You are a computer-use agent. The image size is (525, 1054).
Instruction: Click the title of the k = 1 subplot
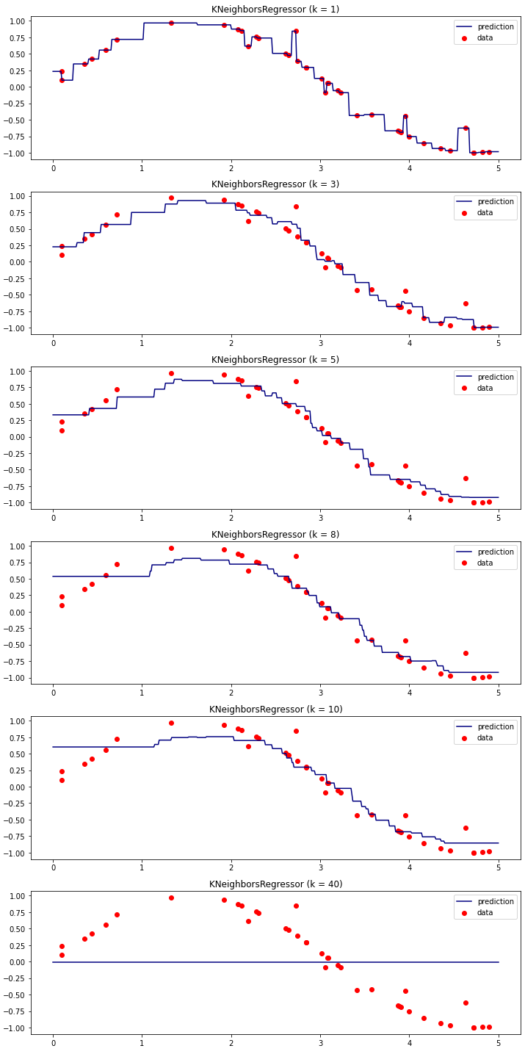click(x=275, y=10)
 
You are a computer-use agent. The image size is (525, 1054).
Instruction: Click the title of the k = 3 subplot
click(x=275, y=184)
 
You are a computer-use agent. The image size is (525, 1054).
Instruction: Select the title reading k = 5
click(x=275, y=360)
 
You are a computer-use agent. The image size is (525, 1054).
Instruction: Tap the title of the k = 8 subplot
click(x=275, y=535)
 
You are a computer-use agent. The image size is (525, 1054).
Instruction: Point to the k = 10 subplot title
click(x=275, y=710)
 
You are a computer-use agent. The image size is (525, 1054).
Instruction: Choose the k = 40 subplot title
click(x=275, y=884)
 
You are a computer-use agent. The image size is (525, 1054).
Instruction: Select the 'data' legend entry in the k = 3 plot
click(x=485, y=213)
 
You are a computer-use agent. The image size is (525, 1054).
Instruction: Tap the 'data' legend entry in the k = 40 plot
click(x=485, y=913)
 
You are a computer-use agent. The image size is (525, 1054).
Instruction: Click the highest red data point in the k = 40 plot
click(x=171, y=898)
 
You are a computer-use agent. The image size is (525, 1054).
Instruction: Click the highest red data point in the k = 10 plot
click(x=171, y=723)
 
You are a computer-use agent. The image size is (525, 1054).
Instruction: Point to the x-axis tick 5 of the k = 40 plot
click(x=498, y=1043)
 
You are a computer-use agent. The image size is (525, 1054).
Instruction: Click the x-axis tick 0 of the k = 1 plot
click(x=53, y=168)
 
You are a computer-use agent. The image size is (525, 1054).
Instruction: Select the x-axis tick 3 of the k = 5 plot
click(x=320, y=518)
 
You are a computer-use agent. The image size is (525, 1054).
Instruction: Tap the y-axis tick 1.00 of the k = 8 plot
click(x=16, y=546)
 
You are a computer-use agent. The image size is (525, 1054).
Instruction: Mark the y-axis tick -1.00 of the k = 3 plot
click(x=14, y=328)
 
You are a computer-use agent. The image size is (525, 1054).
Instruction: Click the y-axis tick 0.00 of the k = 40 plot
click(x=16, y=962)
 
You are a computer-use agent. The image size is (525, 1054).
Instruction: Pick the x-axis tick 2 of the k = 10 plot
click(x=231, y=868)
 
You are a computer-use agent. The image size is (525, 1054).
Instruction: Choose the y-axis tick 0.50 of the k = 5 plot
click(x=16, y=405)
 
